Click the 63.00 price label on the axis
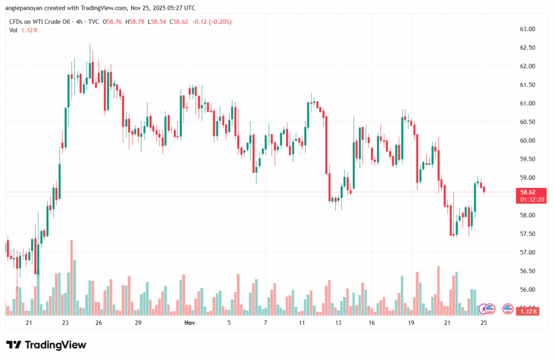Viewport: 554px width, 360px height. click(x=527, y=29)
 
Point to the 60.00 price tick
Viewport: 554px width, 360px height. click(x=527, y=141)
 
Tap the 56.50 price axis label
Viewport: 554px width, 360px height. click(x=527, y=271)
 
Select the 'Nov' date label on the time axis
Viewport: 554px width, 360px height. click(x=189, y=323)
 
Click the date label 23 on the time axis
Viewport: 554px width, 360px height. click(x=65, y=323)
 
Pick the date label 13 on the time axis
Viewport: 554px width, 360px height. click(x=338, y=323)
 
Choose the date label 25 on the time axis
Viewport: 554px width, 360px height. click(x=484, y=323)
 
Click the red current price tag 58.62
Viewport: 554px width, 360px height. click(x=527, y=192)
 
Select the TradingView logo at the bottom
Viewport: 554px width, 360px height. click(x=46, y=345)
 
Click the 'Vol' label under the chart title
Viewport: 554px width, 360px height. click(x=14, y=30)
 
